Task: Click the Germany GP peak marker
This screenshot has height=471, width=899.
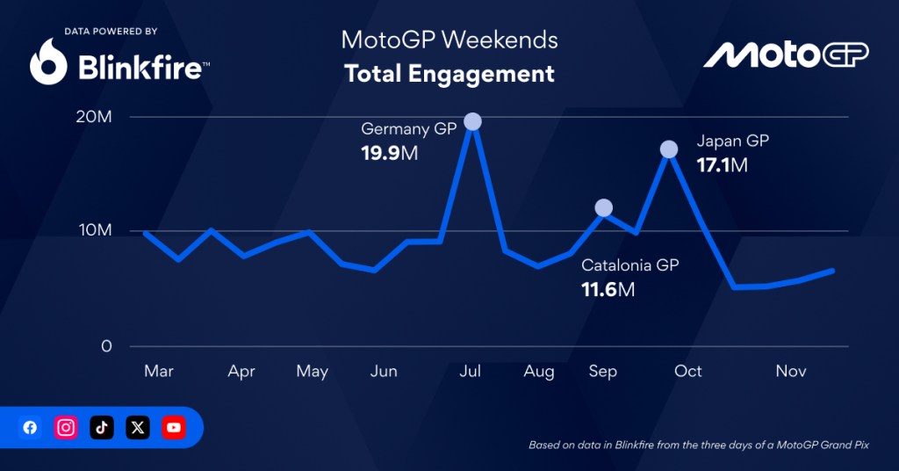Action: point(472,121)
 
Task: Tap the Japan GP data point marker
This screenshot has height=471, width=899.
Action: point(669,149)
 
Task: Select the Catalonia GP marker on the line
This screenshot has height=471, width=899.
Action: point(603,208)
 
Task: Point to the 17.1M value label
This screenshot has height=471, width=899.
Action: point(722,164)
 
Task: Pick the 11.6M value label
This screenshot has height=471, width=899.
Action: point(608,288)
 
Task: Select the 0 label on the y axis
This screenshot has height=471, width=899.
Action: point(107,346)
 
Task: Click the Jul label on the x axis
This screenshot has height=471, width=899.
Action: point(471,372)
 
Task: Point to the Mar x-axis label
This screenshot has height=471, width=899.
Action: point(159,372)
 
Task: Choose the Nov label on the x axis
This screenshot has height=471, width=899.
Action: point(791,372)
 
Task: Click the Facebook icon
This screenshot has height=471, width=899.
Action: point(31,428)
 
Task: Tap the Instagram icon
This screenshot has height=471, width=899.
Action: point(66,428)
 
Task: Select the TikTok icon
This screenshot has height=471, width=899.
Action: point(102,428)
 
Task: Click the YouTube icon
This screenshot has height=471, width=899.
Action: point(174,428)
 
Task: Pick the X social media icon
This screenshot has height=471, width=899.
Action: point(138,428)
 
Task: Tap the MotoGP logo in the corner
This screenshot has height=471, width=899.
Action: point(786,55)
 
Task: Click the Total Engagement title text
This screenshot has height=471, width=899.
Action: point(449,73)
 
